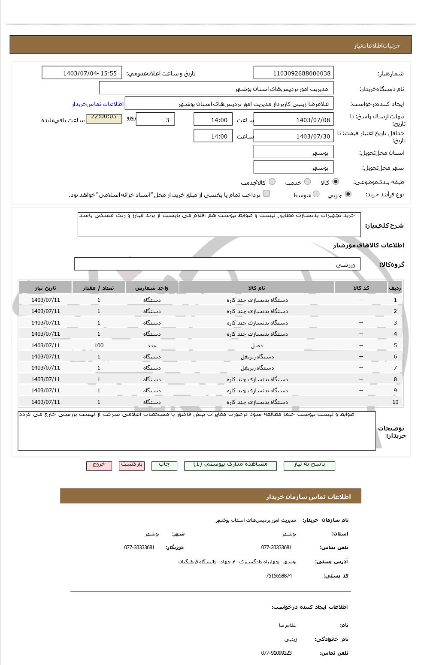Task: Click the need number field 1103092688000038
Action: [x=294, y=73]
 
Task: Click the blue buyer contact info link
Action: [x=97, y=104]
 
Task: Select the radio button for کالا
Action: [x=335, y=182]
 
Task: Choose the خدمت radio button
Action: [x=307, y=182]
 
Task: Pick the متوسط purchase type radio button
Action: [x=316, y=194]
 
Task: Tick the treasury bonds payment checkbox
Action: [x=266, y=194]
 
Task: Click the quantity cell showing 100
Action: [x=99, y=345]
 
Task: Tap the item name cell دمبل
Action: [x=257, y=345]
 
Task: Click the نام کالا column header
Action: [x=257, y=288]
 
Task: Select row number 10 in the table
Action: [x=395, y=402]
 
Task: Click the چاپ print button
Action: [x=164, y=465]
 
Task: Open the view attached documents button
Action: [x=230, y=465]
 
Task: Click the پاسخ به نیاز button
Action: [x=309, y=465]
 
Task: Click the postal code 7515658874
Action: [x=279, y=576]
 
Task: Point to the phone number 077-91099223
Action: [x=276, y=653]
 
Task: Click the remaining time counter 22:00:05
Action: [x=104, y=117]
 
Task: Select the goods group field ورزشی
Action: [x=217, y=264]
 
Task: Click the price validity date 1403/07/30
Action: [x=294, y=136]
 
